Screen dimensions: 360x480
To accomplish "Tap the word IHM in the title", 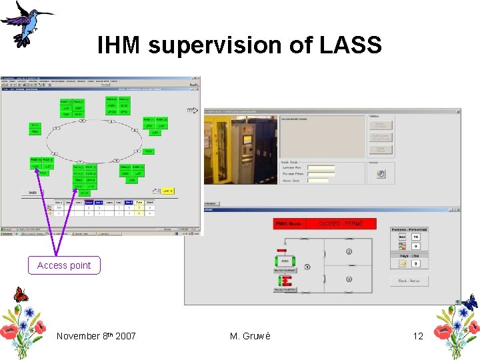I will coord(119,45).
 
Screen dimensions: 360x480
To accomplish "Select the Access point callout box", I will coord(64,265).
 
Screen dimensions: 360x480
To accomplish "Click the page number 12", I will coord(418,336).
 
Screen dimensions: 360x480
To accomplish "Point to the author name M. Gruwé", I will coord(250,336).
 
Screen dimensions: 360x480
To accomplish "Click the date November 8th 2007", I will coord(96,336).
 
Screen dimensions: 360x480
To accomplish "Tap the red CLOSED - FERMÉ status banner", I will coord(341,224).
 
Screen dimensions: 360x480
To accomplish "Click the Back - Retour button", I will coord(409,281).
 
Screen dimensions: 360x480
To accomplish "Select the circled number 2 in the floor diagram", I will coord(349,251).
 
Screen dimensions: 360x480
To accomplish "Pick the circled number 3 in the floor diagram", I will coord(349,281).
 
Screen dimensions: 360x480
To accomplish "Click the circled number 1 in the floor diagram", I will coord(307,267).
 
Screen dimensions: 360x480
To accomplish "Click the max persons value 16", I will coord(416,237).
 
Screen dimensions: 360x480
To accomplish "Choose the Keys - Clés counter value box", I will coord(416,264).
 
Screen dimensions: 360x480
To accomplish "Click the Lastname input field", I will coord(321,168).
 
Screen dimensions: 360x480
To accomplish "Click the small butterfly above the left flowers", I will coord(21,295).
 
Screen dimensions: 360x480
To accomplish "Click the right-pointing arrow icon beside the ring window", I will coord(192,110).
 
